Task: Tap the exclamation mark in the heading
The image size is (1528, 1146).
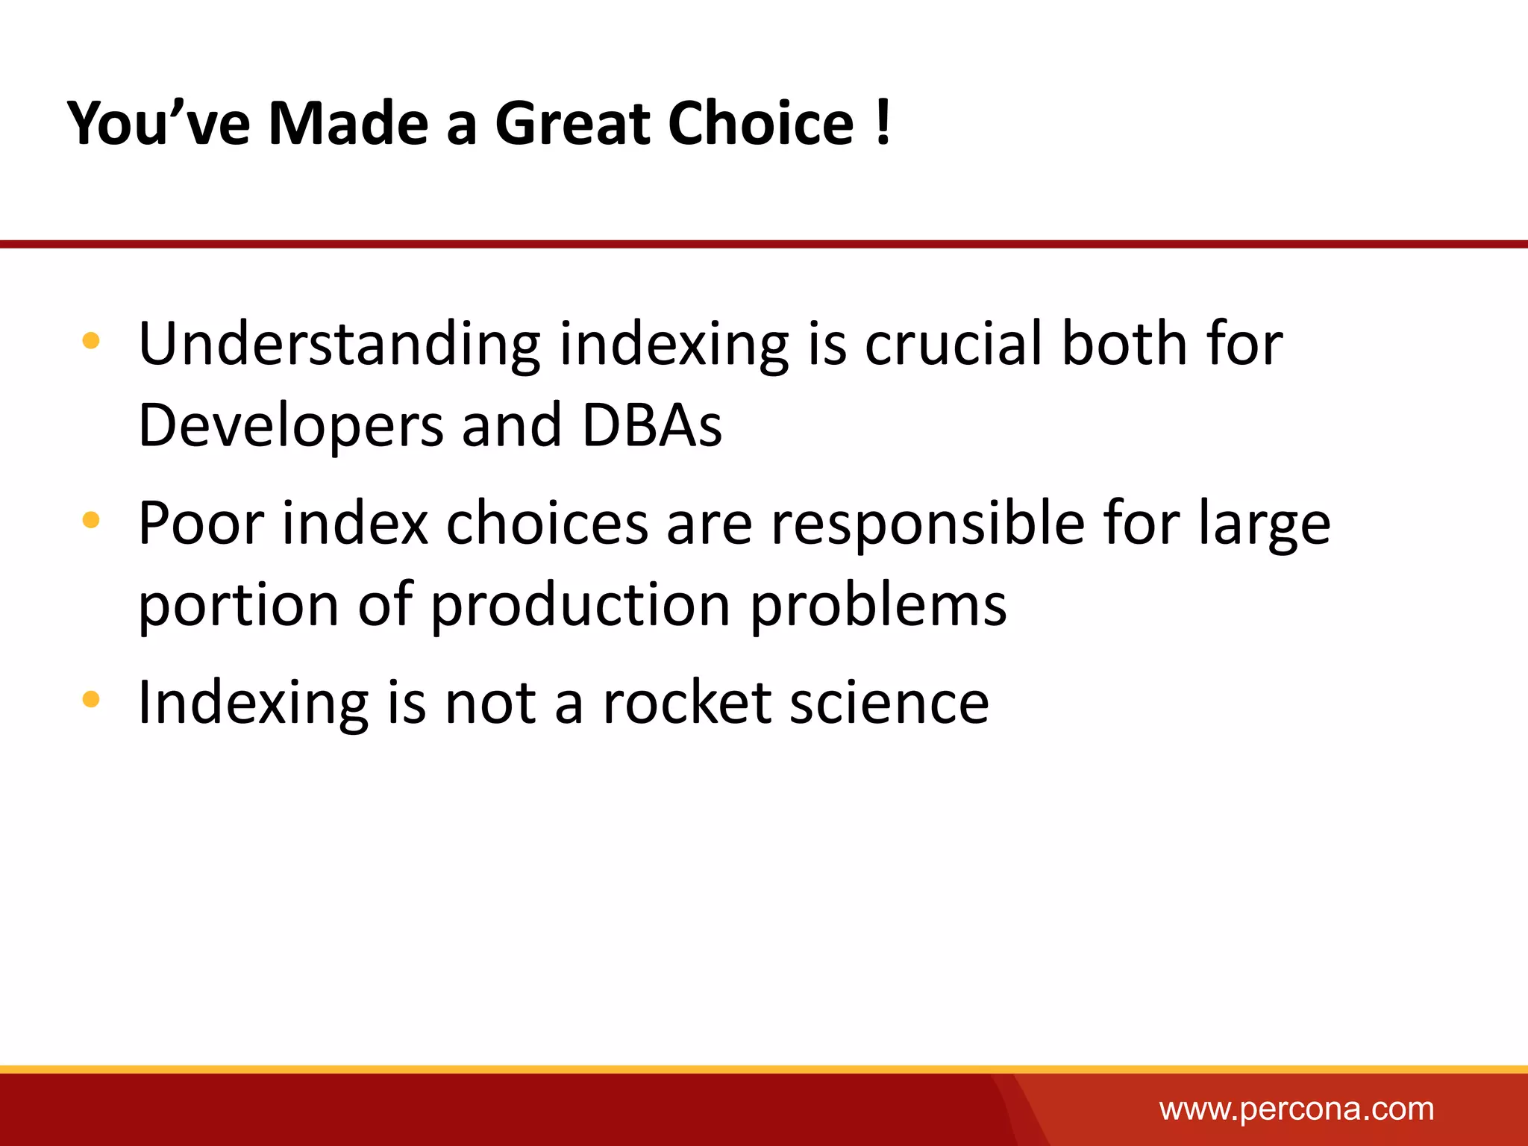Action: point(883,123)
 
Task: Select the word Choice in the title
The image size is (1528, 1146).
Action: point(760,123)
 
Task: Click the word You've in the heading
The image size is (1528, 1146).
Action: point(159,123)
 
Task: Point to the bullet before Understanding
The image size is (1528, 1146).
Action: point(91,342)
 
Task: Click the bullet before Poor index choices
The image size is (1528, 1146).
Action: point(91,520)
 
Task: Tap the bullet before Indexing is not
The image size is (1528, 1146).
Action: point(91,699)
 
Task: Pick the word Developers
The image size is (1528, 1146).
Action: point(291,427)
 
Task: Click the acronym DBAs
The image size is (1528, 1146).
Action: point(651,425)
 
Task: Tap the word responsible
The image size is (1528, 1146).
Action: point(927,524)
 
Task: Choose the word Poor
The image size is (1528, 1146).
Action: point(201,524)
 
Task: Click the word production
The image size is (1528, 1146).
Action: point(580,606)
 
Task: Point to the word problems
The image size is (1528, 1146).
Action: point(878,604)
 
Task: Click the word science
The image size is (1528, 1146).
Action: point(889,703)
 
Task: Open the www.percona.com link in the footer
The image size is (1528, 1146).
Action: point(1296,1109)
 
